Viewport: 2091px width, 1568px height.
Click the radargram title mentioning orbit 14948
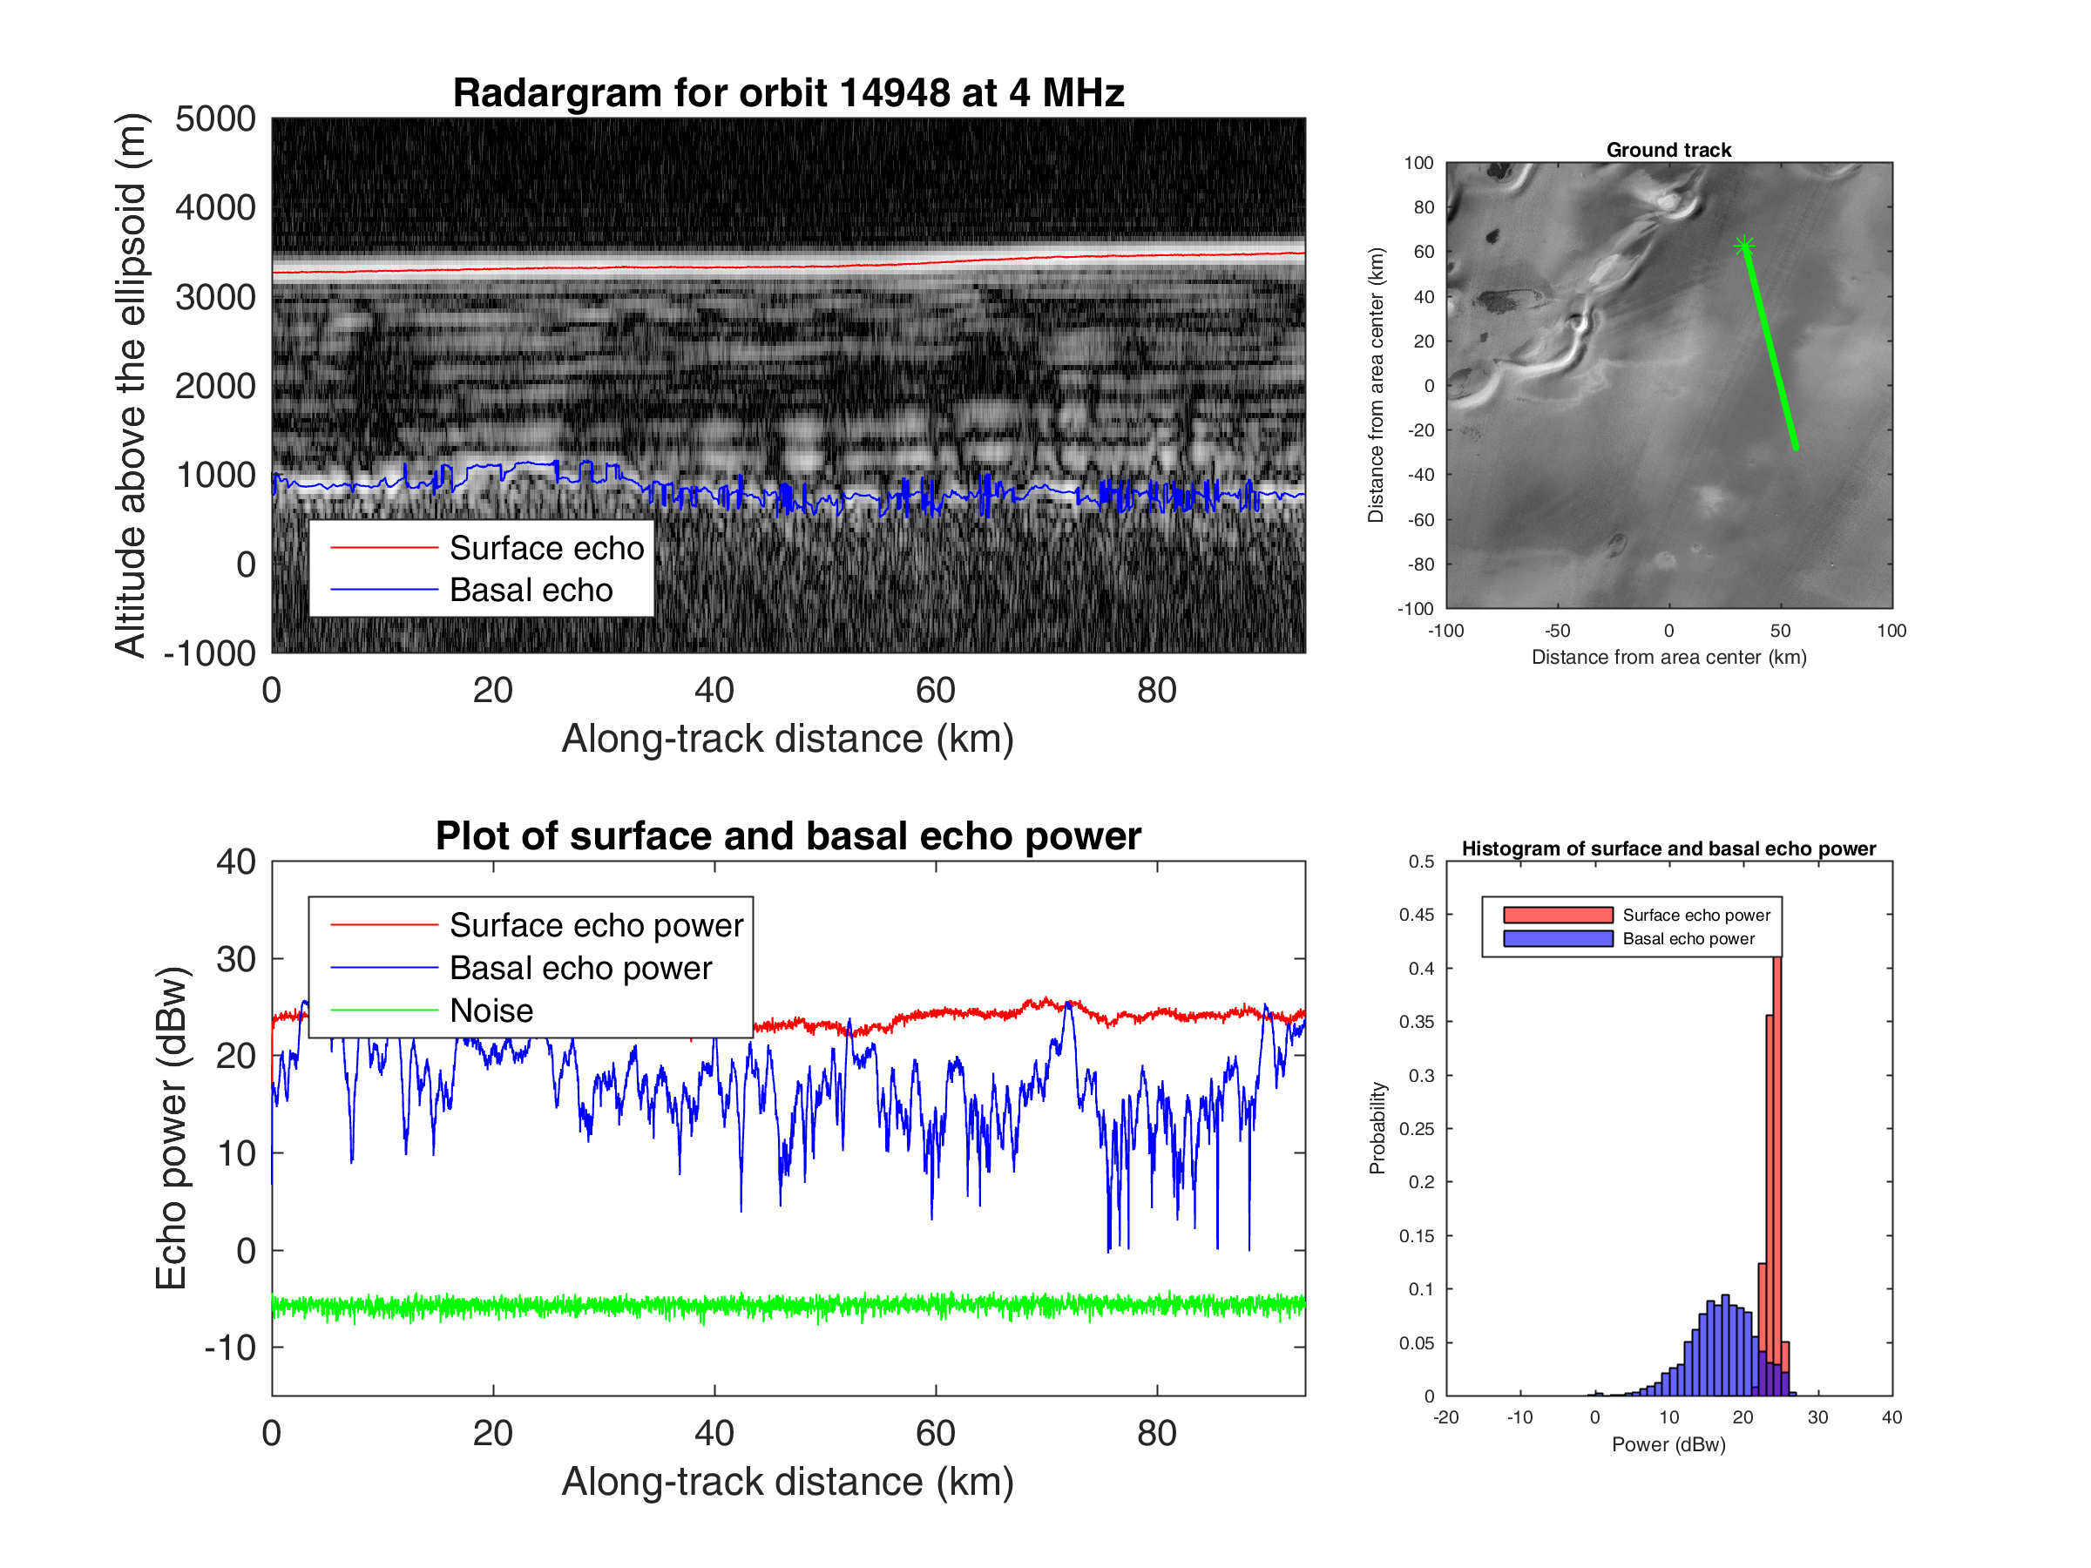coord(788,92)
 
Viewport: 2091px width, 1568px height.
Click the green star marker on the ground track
coord(1744,247)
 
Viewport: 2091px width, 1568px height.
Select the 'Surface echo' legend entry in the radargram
coord(545,548)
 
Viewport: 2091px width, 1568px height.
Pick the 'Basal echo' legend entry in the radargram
coord(531,590)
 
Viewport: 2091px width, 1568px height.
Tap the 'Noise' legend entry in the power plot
coord(491,1010)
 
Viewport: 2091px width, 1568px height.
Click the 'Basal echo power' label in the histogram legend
coord(1688,938)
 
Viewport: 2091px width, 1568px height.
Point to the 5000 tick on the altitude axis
coord(215,119)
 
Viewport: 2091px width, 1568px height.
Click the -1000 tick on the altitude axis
coord(210,653)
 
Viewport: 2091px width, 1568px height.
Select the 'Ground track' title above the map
coord(1668,149)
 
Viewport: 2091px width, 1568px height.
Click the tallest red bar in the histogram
coord(1777,1172)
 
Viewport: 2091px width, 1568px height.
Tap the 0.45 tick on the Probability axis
coord(1416,915)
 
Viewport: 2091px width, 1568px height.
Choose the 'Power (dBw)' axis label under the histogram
coord(1668,1444)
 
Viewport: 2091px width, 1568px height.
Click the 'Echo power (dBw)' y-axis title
coord(171,1127)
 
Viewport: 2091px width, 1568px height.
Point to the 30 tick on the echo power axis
coord(235,959)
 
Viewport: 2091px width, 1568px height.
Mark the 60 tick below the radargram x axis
coord(935,691)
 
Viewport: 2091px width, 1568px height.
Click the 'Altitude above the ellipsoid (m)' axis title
coord(131,386)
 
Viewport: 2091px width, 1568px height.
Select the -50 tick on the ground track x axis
coord(1557,632)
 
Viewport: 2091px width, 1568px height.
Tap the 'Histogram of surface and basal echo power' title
coord(1668,848)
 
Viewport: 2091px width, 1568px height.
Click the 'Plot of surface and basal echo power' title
coord(788,836)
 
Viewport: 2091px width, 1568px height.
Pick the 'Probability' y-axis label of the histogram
coord(1377,1127)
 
